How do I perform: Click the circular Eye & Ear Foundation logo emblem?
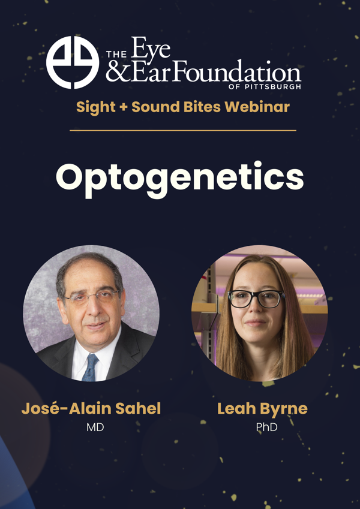[73, 62]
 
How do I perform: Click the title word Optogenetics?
[180, 176]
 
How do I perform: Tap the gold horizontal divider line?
[183, 130]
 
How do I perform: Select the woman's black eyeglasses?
[256, 298]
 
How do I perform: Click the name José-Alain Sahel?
[91, 409]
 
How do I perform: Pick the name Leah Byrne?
[262, 409]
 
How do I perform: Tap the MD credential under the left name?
[91, 428]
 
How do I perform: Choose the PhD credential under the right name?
[262, 428]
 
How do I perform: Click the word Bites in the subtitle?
[203, 107]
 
